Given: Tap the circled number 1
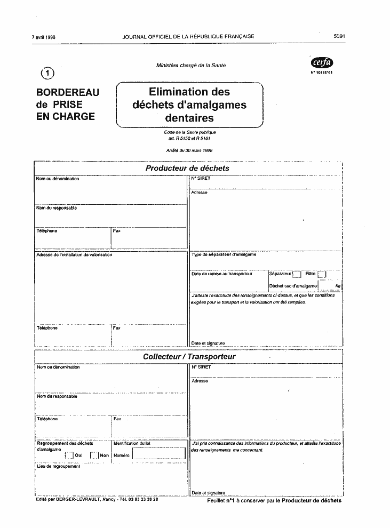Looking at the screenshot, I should tap(47, 72).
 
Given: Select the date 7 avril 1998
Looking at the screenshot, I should tap(44, 37).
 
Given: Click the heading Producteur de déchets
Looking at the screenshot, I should tap(187, 168).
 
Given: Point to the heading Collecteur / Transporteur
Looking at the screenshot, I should tap(189, 356).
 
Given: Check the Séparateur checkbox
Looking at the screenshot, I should tap(297, 274).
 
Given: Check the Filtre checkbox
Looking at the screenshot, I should tap(322, 274).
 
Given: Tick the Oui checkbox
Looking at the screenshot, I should tap(69, 455).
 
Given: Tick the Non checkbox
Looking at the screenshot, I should tap(94, 455).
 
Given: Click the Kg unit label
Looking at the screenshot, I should tap(338, 286).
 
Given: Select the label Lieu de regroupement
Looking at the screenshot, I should tap(58, 466).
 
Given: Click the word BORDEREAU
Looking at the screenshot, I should tap(67, 92).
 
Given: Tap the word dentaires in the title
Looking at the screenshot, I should tap(189, 118).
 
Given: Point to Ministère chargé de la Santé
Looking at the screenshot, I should tap(190, 65).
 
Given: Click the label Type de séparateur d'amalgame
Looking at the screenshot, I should tap(224, 254).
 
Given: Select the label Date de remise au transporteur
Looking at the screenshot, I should tap(221, 274).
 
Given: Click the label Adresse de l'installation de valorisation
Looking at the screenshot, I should tap(74, 254).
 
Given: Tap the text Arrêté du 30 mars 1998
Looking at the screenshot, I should tap(189, 151).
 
